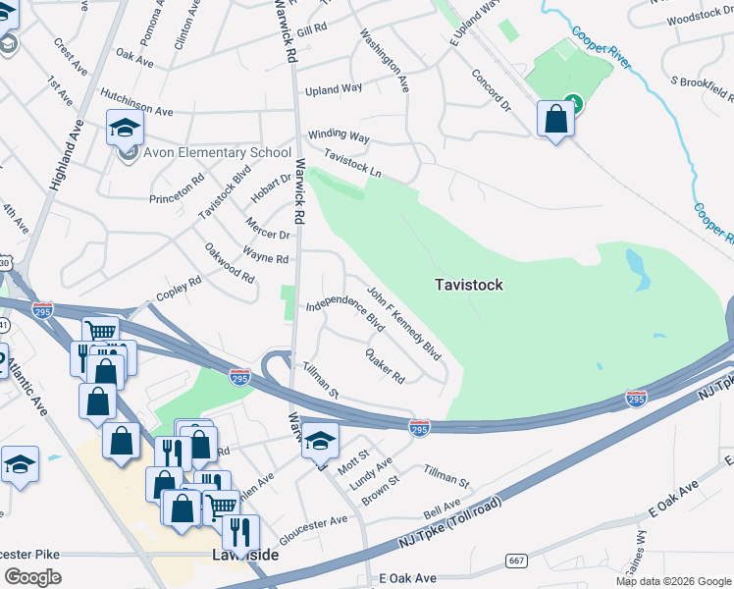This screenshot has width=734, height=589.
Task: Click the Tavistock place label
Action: [x=469, y=285]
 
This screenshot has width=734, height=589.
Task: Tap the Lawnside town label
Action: [x=245, y=556]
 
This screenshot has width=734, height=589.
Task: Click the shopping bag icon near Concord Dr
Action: [x=555, y=120]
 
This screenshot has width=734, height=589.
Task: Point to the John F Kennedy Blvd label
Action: [x=404, y=323]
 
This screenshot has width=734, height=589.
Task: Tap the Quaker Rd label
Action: [x=385, y=365]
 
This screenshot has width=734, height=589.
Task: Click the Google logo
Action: [x=32, y=576]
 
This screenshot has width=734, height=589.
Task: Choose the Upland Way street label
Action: [x=334, y=89]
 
